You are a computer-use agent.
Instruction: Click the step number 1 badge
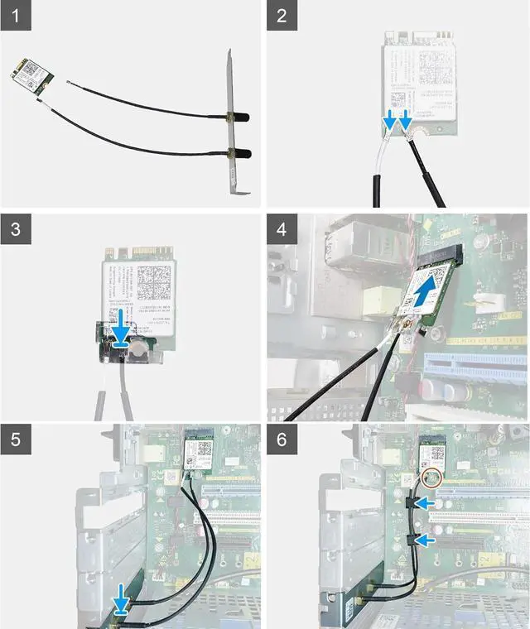[15, 16]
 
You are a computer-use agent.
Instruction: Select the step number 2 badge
[282, 16]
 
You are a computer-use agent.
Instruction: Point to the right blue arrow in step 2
[406, 122]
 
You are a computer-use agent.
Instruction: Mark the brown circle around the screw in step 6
[431, 478]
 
